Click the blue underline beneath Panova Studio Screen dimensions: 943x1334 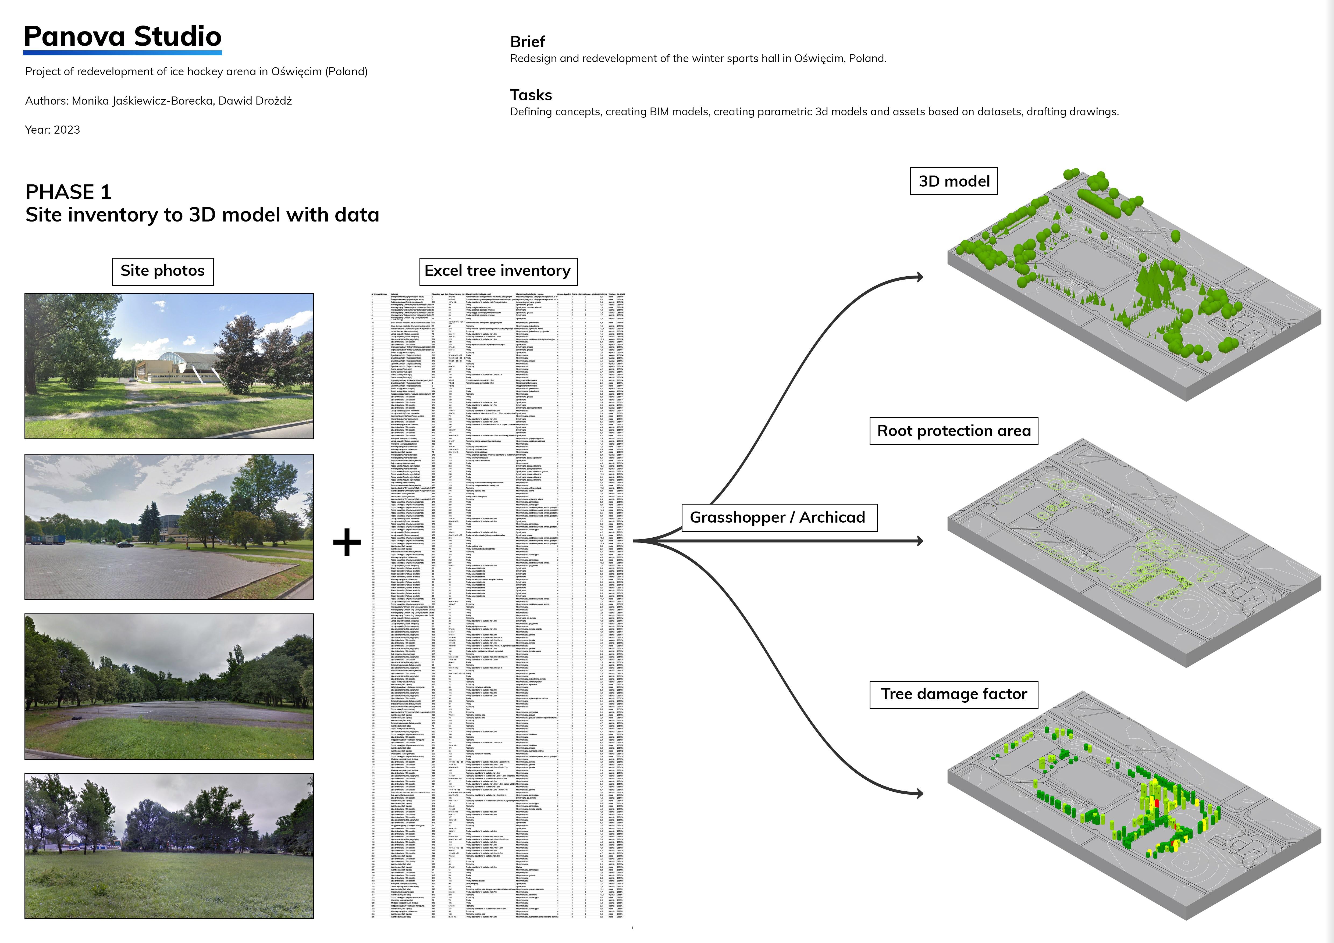pos(123,53)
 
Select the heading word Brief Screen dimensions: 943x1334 pos(527,42)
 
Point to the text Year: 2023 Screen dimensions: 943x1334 pos(52,130)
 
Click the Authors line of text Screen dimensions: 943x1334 pos(158,101)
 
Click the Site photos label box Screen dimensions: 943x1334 pos(163,271)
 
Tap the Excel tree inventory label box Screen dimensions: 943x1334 pos(498,271)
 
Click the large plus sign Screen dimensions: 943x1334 pos(347,542)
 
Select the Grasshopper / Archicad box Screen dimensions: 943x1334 pos(778,517)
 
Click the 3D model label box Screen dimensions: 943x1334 pos(954,181)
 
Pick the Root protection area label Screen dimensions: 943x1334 pos(954,431)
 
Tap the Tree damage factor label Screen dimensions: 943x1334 pos(954,694)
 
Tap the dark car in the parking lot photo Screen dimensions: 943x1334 pos(124,544)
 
